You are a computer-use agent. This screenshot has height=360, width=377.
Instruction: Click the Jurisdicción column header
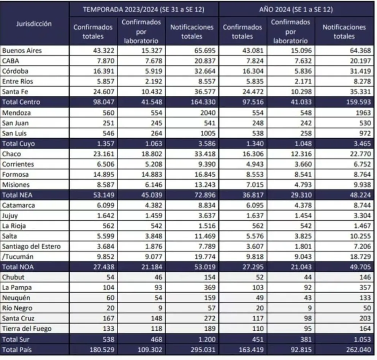click(34, 24)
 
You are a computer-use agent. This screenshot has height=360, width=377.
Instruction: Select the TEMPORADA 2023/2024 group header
click(144, 9)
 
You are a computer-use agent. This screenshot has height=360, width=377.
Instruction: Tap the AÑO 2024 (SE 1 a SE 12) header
click(296, 9)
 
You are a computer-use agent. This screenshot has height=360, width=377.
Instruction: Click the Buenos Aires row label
click(22, 51)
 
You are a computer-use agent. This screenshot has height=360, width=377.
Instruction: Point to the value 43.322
click(104, 51)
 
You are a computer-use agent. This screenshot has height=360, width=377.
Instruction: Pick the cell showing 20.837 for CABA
click(205, 61)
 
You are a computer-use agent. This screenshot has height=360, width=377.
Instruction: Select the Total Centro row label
click(21, 102)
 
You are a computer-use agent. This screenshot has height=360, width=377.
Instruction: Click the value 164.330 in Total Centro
click(203, 102)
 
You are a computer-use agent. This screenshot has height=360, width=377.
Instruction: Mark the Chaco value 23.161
click(104, 154)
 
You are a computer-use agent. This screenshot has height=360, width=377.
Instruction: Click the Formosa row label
click(15, 174)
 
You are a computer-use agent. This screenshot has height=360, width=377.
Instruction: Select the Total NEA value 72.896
click(205, 195)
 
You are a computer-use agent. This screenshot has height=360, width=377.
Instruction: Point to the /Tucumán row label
click(18, 257)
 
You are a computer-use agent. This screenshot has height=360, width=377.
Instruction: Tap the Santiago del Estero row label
click(32, 246)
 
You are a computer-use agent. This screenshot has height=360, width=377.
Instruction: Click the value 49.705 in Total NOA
click(360, 267)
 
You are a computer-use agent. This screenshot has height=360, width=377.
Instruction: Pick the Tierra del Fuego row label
click(27, 328)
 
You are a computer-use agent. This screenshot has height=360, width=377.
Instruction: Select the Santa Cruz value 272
click(210, 319)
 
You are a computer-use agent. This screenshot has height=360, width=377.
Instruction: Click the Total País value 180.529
click(102, 350)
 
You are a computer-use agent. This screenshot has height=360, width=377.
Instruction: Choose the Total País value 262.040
click(358, 350)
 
